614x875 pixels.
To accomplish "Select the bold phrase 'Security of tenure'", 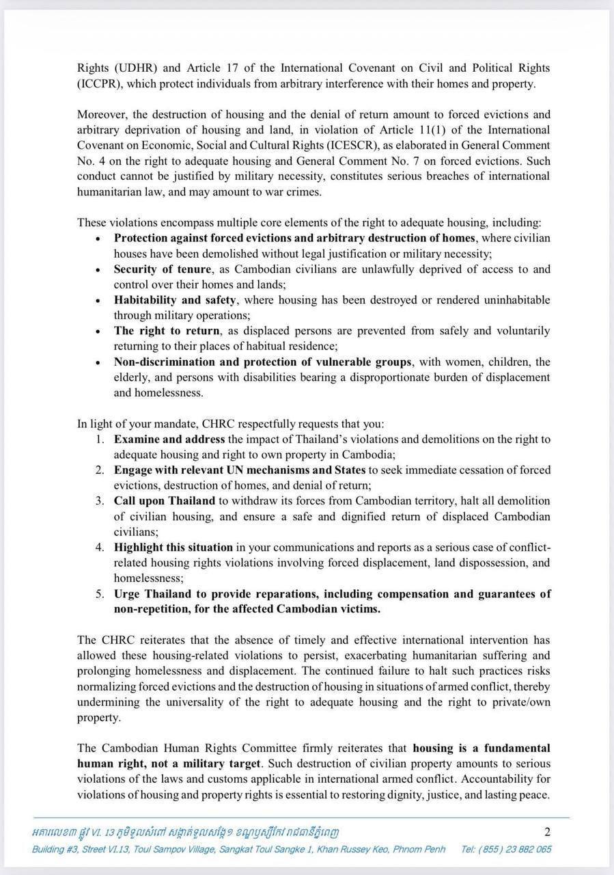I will click(x=163, y=269).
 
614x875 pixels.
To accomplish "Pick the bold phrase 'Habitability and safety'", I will click(x=176, y=299).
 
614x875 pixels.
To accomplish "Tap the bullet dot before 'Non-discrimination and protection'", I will click(x=99, y=362).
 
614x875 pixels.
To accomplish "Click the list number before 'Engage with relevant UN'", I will click(x=100, y=470).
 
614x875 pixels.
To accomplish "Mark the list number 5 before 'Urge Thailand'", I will click(x=100, y=593).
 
